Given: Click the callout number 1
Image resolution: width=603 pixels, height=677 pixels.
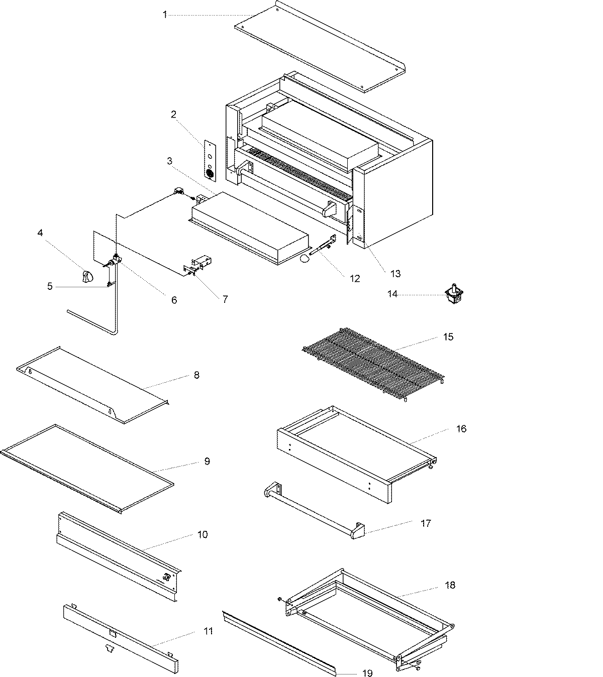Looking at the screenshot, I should coord(164,15).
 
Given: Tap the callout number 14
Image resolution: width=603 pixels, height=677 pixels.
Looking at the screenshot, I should coord(392,294).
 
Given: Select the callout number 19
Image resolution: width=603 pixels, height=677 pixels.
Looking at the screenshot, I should coord(367,673).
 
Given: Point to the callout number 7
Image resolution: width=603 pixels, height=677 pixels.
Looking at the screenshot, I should coord(225,299).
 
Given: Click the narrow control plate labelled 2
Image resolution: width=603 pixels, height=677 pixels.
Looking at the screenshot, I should coord(210,159).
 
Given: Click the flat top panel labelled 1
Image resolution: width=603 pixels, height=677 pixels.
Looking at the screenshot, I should coord(322,48).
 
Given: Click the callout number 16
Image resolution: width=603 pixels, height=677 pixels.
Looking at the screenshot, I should coord(461,428).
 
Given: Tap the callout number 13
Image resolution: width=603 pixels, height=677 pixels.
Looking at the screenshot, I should coord(395,273).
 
